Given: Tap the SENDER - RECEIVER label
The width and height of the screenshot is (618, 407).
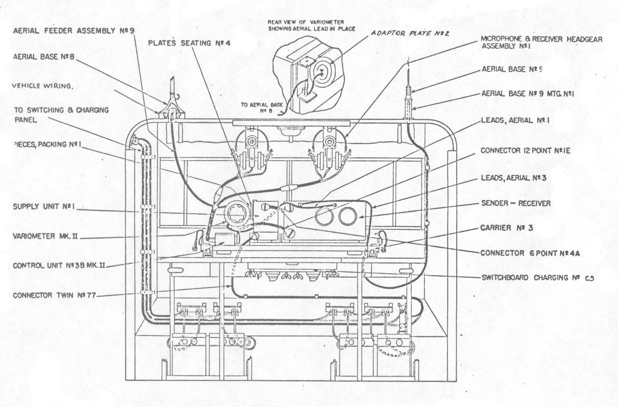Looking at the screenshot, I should point(515,203).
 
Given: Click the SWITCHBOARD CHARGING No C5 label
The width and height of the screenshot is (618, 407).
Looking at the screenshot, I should point(537,278).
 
